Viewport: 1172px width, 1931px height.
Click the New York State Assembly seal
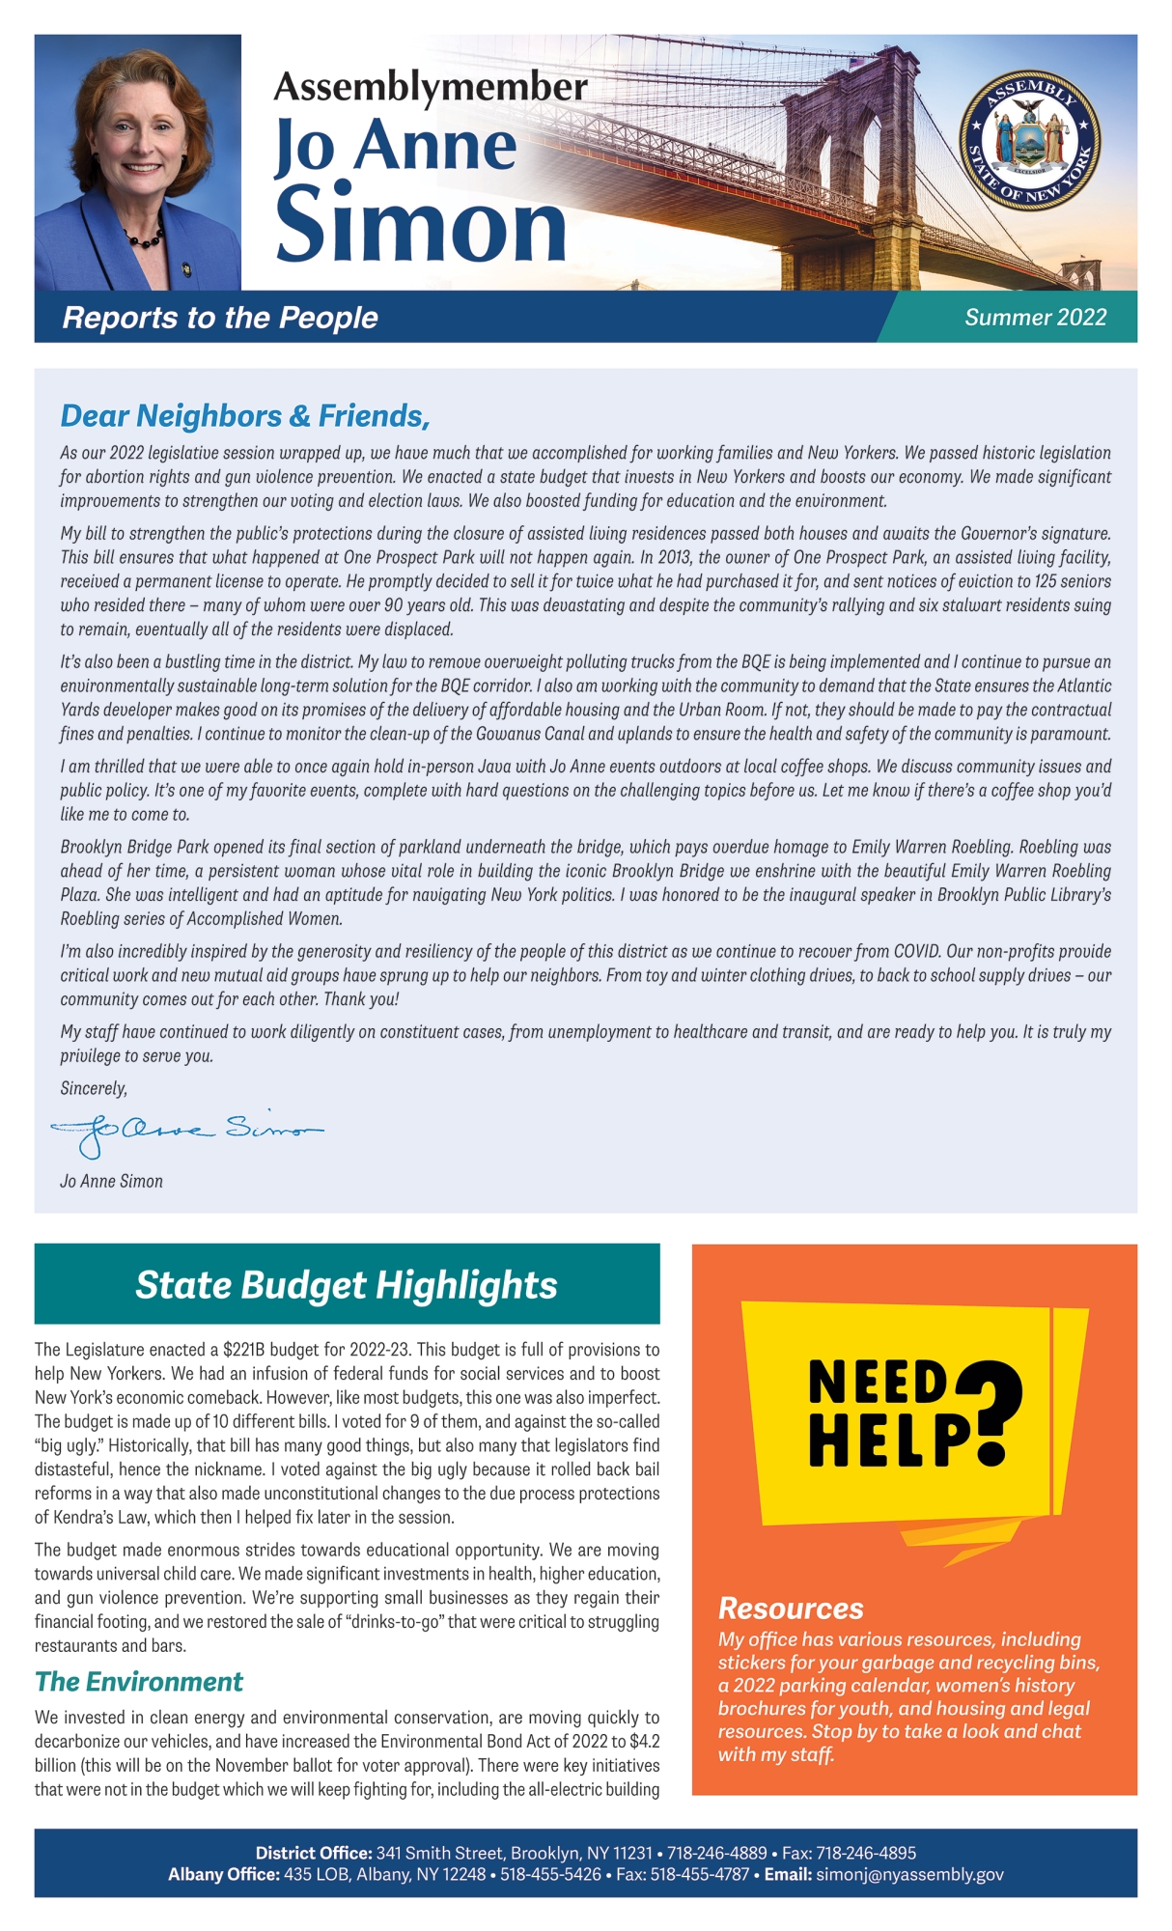1029,136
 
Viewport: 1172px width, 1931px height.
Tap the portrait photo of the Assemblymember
138,162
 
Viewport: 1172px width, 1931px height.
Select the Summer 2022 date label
1035,318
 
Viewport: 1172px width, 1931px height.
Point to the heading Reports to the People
220,318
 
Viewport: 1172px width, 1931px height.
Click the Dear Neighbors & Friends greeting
245,416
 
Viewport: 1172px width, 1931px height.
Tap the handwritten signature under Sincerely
185,1130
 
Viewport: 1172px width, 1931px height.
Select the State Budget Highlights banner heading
347,1285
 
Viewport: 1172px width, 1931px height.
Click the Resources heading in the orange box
791,1609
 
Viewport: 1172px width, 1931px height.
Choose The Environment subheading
139,1682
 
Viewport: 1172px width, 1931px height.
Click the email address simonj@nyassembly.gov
909,1875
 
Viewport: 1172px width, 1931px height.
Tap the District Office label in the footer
314,1853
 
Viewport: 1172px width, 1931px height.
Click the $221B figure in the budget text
244,1350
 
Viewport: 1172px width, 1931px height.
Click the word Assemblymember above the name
431,87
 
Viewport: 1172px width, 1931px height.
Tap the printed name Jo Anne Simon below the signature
111,1181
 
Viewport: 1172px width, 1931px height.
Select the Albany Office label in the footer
224,1875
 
